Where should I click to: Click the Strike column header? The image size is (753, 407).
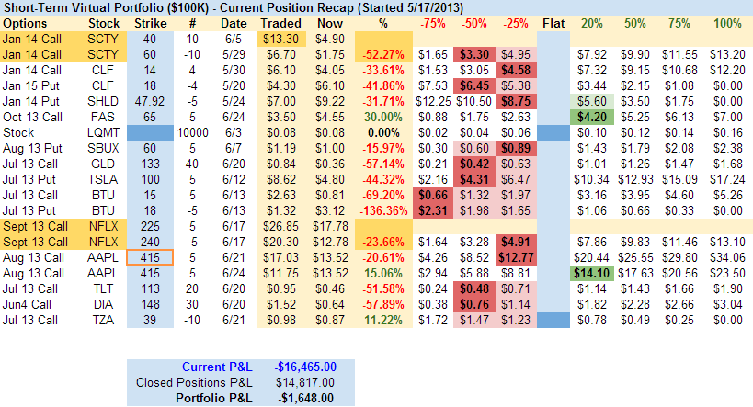point(151,22)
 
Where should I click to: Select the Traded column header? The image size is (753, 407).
point(280,22)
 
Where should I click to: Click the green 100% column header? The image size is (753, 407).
point(726,22)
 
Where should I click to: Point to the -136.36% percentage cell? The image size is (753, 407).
point(382,210)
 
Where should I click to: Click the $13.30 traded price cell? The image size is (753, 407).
point(280,39)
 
